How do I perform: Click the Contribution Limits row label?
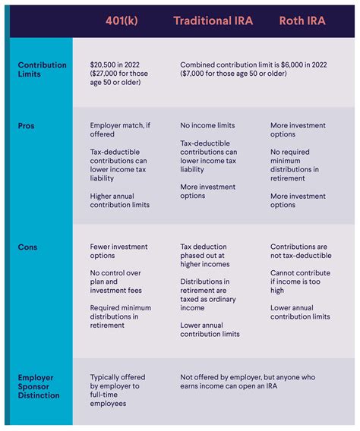(x=39, y=71)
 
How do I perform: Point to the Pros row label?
(x=27, y=125)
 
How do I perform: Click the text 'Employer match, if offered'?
(x=118, y=130)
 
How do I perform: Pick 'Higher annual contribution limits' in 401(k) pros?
(x=119, y=200)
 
